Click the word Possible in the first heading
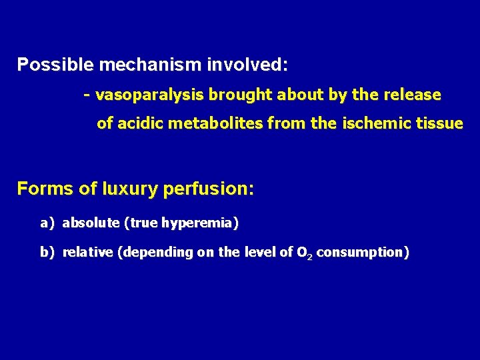[x=56, y=65]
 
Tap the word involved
[x=247, y=65]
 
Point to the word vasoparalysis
[x=150, y=95]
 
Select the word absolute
[x=91, y=223]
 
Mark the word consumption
[x=361, y=253]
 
